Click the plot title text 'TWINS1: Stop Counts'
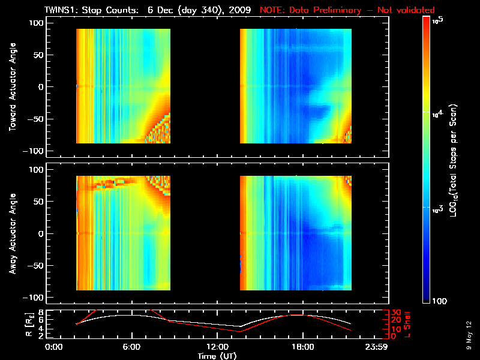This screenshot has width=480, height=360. [93, 10]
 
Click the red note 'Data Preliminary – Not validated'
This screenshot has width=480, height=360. [347, 10]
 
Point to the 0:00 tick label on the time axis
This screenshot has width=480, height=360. [54, 347]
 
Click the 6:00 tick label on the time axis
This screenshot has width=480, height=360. [131, 347]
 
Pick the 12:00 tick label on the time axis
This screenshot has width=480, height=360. [217, 347]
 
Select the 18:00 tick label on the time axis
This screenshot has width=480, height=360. [302, 347]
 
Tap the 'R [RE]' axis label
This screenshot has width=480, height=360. [12, 323]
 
